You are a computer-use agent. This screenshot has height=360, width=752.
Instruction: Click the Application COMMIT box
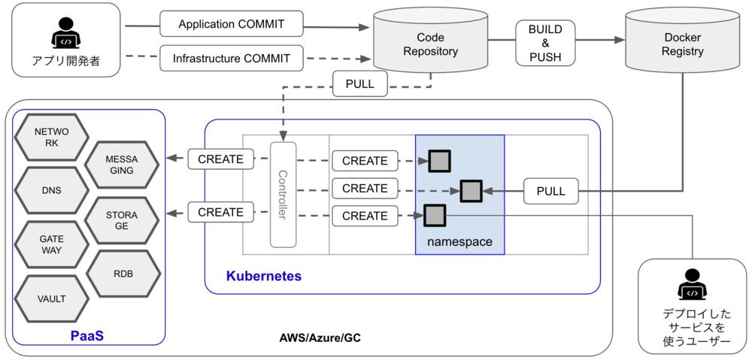pyautogui.click(x=232, y=24)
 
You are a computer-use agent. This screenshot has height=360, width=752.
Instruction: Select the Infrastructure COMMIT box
pyautogui.click(x=232, y=57)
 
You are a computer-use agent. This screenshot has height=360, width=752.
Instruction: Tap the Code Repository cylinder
pyautogui.click(x=430, y=44)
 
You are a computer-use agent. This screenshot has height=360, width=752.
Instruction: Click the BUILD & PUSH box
pyautogui.click(x=545, y=42)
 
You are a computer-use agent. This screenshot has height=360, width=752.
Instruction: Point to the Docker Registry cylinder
pyautogui.click(x=682, y=44)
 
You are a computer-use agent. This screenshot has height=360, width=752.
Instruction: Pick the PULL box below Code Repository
pyautogui.click(x=360, y=83)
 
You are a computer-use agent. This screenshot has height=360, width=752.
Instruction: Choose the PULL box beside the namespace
pyautogui.click(x=551, y=191)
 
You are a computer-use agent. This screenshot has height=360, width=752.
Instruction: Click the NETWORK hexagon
pyautogui.click(x=51, y=136)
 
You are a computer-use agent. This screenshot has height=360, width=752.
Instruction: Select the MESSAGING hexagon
pyautogui.click(x=121, y=165)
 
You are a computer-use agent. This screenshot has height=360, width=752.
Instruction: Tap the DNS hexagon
pyautogui.click(x=51, y=190)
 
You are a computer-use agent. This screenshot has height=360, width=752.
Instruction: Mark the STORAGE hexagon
pyautogui.click(x=121, y=219)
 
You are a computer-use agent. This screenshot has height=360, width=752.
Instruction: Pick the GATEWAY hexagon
pyautogui.click(x=51, y=244)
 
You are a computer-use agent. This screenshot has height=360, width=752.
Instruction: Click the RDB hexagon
pyautogui.click(x=121, y=273)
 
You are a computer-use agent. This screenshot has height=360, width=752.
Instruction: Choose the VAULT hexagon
pyautogui.click(x=51, y=298)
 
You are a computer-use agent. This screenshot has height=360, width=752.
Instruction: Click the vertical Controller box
pyautogui.click(x=284, y=194)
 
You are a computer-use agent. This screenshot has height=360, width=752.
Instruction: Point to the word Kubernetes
pyautogui.click(x=263, y=277)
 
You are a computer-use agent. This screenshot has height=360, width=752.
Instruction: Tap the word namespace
pyautogui.click(x=459, y=242)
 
